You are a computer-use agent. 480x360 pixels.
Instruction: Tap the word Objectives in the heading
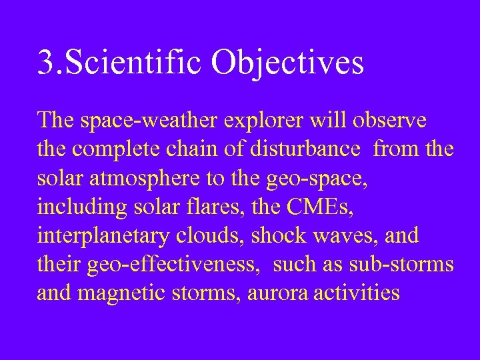tap(288, 63)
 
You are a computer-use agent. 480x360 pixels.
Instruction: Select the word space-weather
tap(156, 121)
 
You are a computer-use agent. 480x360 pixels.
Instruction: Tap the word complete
tap(115, 150)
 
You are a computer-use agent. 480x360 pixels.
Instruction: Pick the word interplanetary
tap(106, 236)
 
